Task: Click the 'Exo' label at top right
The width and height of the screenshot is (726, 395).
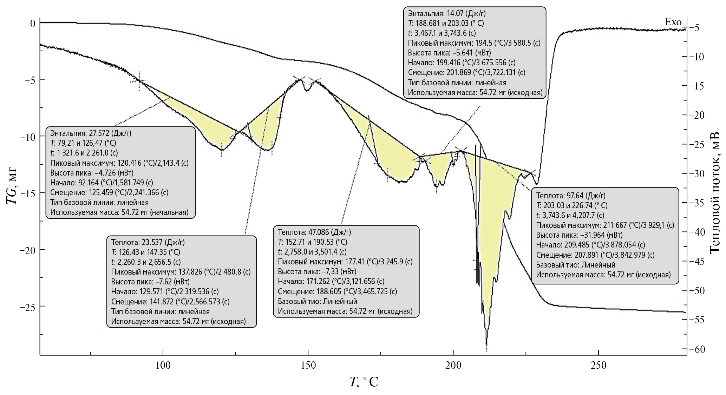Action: [673, 22]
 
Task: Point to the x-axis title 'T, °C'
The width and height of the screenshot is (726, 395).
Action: [364, 382]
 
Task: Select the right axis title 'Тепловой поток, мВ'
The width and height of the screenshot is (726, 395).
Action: [714, 192]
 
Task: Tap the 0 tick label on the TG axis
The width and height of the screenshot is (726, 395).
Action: [33, 24]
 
